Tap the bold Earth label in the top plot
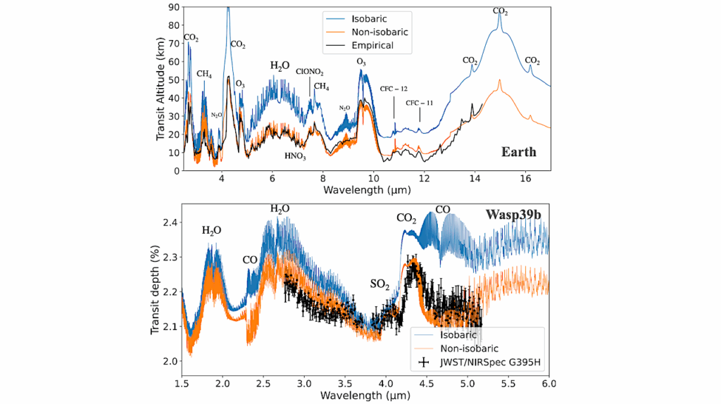pyautogui.click(x=518, y=152)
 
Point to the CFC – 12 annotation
pyautogui.click(x=394, y=89)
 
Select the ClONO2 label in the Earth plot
pyautogui.click(x=310, y=72)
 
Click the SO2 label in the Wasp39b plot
pyautogui.click(x=380, y=285)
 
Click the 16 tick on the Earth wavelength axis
pyautogui.click(x=525, y=179)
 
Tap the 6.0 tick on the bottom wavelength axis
pyautogui.click(x=548, y=384)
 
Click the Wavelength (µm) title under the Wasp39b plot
pyautogui.click(x=365, y=396)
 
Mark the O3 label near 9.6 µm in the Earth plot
pyautogui.click(x=360, y=63)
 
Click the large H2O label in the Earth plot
pyautogui.click(x=280, y=65)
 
